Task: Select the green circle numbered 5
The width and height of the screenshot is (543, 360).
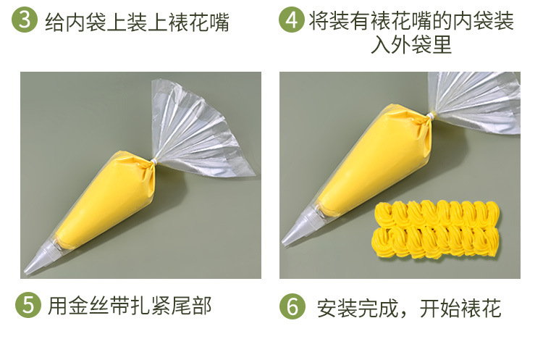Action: coord(26,304)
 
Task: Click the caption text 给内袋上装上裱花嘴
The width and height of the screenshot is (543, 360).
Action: coord(137,22)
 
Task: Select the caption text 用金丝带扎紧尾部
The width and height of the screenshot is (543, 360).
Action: coord(130,305)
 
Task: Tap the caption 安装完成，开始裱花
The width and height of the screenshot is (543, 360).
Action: coord(409,307)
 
